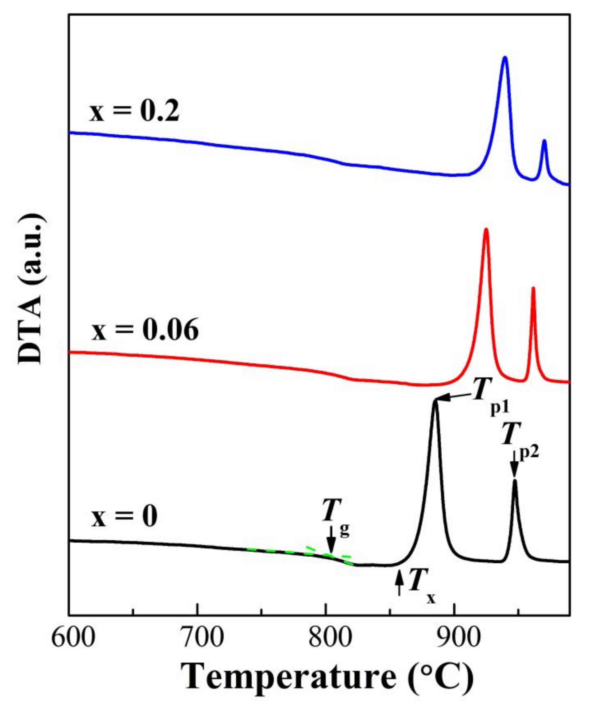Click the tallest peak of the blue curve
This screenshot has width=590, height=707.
[x=504, y=58]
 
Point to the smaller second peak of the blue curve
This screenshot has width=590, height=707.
[x=544, y=142]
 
